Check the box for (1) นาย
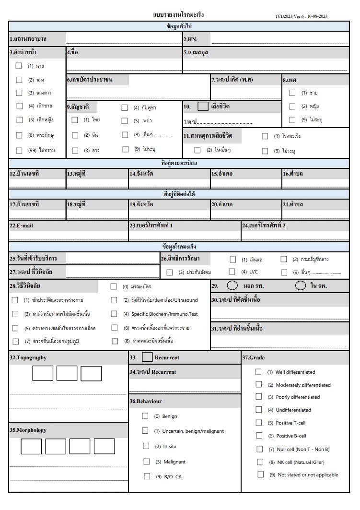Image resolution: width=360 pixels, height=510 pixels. tap(19, 66)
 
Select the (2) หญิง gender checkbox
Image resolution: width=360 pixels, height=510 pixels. tap(292, 106)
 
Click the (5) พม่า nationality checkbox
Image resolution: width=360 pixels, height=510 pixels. tap(124, 121)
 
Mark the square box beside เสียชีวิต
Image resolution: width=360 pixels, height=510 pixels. tap(203, 107)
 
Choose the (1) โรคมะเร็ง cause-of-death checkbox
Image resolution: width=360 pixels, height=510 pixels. tap(265, 136)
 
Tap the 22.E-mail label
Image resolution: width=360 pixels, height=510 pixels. tap(22, 225)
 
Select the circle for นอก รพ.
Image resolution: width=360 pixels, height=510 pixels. tap(232, 285)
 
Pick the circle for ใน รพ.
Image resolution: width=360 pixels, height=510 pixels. tap(301, 285)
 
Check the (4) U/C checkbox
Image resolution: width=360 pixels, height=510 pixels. tap(232, 272)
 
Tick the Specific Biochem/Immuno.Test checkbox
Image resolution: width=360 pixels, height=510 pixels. tap(114, 314)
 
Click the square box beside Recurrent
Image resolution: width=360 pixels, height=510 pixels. tap(148, 357)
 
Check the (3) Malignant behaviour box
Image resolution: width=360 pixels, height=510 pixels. tap(147, 462)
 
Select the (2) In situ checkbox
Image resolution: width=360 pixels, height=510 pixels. tap(146, 446)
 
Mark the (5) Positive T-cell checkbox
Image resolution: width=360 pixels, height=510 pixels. tap(259, 423)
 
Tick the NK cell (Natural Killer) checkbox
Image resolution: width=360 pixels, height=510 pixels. tap(260, 462)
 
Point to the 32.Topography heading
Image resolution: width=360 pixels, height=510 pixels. tap(28, 357)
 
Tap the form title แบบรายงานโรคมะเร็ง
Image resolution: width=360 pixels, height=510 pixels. tap(178, 15)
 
